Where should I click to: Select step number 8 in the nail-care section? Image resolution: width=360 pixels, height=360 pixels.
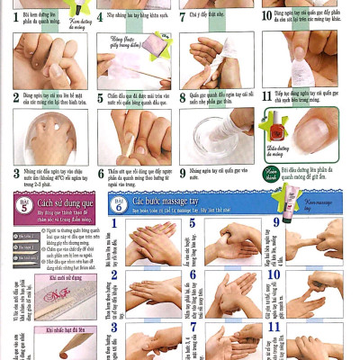[x=183, y=95]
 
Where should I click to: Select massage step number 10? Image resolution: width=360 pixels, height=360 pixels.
[x=274, y=274]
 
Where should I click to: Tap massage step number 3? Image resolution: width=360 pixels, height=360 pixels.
[x=114, y=328]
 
